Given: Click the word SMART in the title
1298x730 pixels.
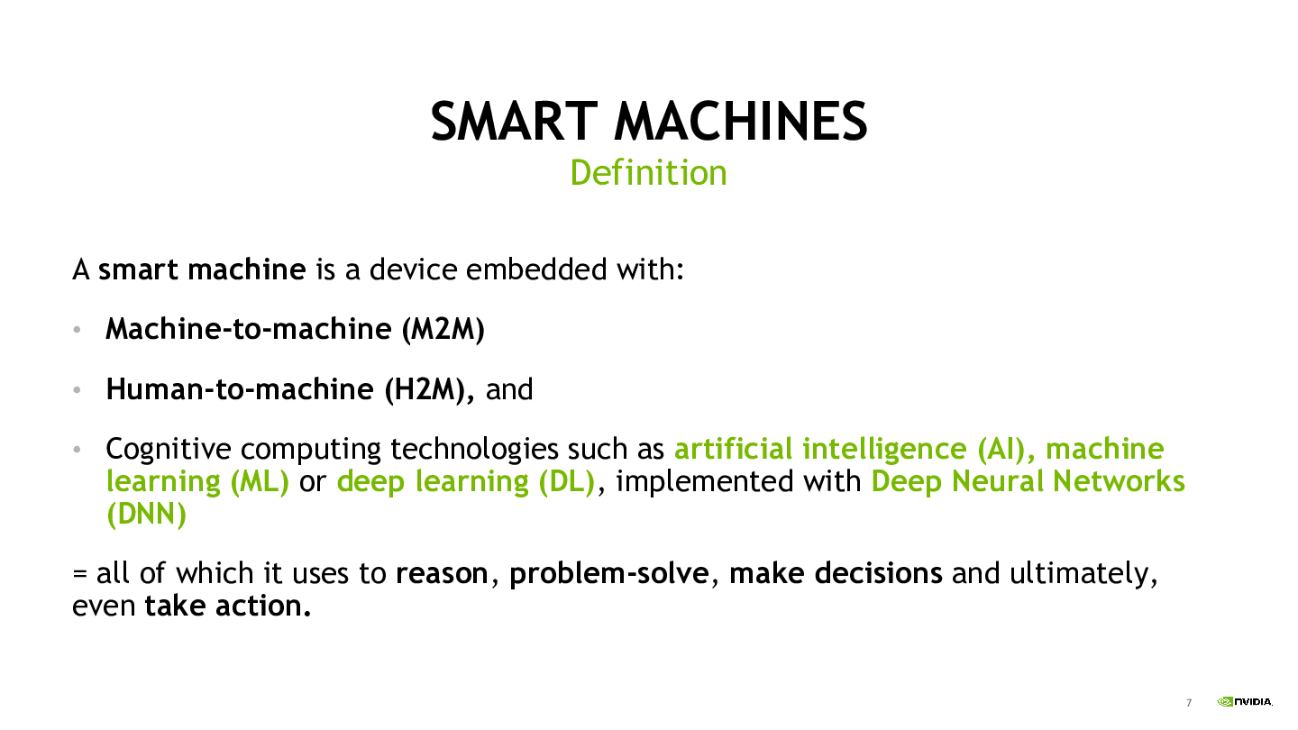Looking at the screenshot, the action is pos(514,121).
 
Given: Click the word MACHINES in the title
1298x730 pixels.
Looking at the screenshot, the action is pos(741,121).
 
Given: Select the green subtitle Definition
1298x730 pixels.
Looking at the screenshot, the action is pos(648,173).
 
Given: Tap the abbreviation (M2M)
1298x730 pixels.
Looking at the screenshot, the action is pos(443,330).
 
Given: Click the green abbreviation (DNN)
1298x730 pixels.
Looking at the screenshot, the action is pos(147,514).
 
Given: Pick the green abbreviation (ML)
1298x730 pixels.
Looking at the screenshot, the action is pos(260,481).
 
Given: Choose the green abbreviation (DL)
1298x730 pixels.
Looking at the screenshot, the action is pos(566,481).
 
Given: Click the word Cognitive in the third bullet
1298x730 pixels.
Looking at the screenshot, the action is pos(169,450).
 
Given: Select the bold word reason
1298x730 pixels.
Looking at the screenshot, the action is pos(442,574).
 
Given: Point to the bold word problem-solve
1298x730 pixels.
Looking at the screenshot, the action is pos(609,574).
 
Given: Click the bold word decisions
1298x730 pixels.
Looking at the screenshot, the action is pos(879,573).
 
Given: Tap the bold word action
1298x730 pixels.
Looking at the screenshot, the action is pos(263,606).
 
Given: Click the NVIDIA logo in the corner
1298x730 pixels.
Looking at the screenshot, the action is pos(1245,701).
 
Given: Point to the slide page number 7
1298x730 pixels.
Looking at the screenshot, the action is pos(1189,703).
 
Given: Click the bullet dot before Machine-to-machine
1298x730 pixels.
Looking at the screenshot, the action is pos(77,330).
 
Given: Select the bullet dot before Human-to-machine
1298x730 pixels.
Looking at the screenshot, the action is pos(77,390).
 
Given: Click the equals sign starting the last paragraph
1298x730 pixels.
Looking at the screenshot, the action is pos(79,574).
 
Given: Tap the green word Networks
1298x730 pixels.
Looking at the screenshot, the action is pos(1119,481).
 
